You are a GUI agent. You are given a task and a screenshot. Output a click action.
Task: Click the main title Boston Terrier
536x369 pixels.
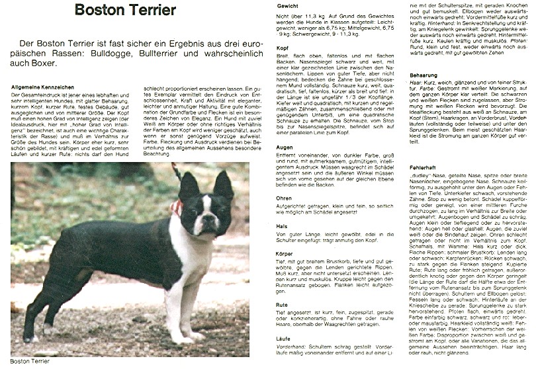125,10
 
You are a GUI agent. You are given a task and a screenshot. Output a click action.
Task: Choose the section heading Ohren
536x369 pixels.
283,197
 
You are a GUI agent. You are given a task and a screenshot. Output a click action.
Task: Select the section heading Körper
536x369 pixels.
284,253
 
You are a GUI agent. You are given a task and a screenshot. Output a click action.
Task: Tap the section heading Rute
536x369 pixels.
282,305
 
